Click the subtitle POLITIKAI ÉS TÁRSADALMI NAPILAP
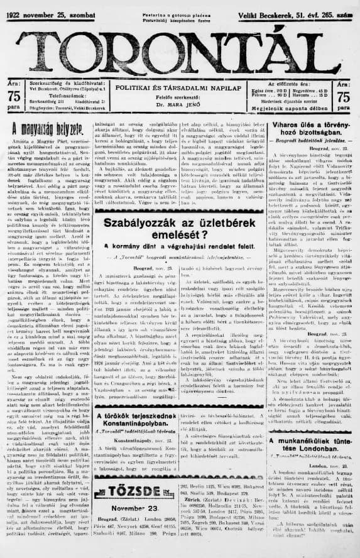coord(180,92)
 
